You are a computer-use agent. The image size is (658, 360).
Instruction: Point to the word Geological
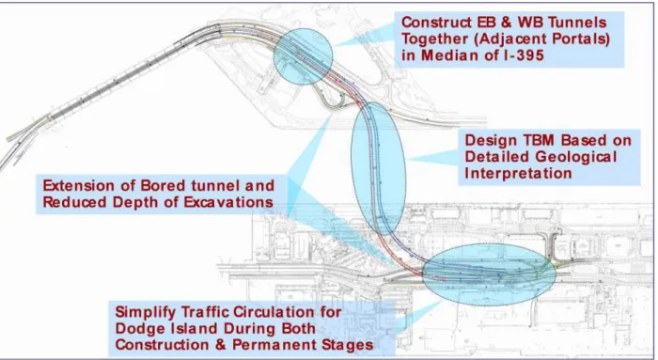pos(575,157)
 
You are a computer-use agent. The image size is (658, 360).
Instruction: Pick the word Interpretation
pos(518,173)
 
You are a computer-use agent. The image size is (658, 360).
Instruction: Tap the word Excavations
pos(228,202)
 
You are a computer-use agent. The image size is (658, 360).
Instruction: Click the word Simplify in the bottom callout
pos(146,312)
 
